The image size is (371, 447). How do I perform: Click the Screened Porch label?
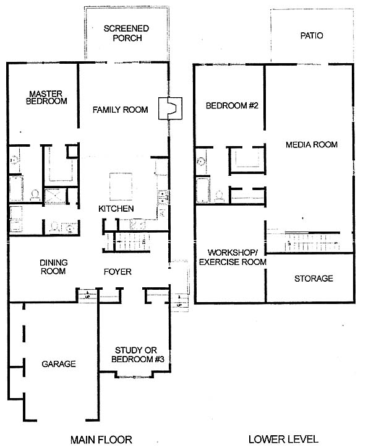[x=127, y=33]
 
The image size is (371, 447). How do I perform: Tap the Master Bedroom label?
[x=46, y=97]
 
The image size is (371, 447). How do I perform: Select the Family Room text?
[x=120, y=110]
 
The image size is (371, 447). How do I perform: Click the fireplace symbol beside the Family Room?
[x=170, y=108]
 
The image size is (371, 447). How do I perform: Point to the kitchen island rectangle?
[x=121, y=186]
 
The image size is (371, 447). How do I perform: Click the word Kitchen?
[x=116, y=209]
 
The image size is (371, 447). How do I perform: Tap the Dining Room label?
[x=54, y=267]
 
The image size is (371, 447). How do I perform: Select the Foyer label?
[x=117, y=272]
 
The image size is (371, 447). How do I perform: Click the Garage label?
[x=59, y=364]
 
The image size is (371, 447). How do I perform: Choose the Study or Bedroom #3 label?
[x=138, y=354]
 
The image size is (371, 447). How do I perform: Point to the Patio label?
[x=312, y=36]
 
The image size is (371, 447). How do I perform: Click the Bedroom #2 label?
[x=232, y=106]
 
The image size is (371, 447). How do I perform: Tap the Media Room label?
[x=312, y=144]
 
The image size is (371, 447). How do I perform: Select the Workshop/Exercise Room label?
[x=232, y=257]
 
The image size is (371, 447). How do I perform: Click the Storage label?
[x=313, y=279]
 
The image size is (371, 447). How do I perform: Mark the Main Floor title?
[x=101, y=440]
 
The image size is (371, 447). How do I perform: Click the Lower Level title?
[x=283, y=439]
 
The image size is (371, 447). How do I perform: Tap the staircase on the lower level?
[x=312, y=242]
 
